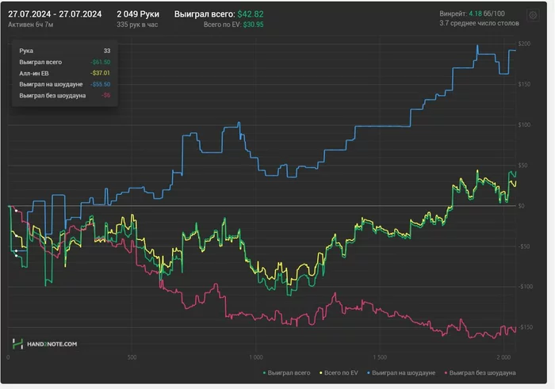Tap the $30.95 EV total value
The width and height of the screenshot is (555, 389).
[x=254, y=25]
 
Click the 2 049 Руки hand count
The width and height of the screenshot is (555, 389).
[x=138, y=14]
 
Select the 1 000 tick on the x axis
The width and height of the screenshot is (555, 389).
[x=256, y=357]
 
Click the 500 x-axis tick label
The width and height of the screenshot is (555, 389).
[x=132, y=357]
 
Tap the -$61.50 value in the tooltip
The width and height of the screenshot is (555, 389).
[x=100, y=62]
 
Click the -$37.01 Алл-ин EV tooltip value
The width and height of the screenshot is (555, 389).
[x=100, y=73]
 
